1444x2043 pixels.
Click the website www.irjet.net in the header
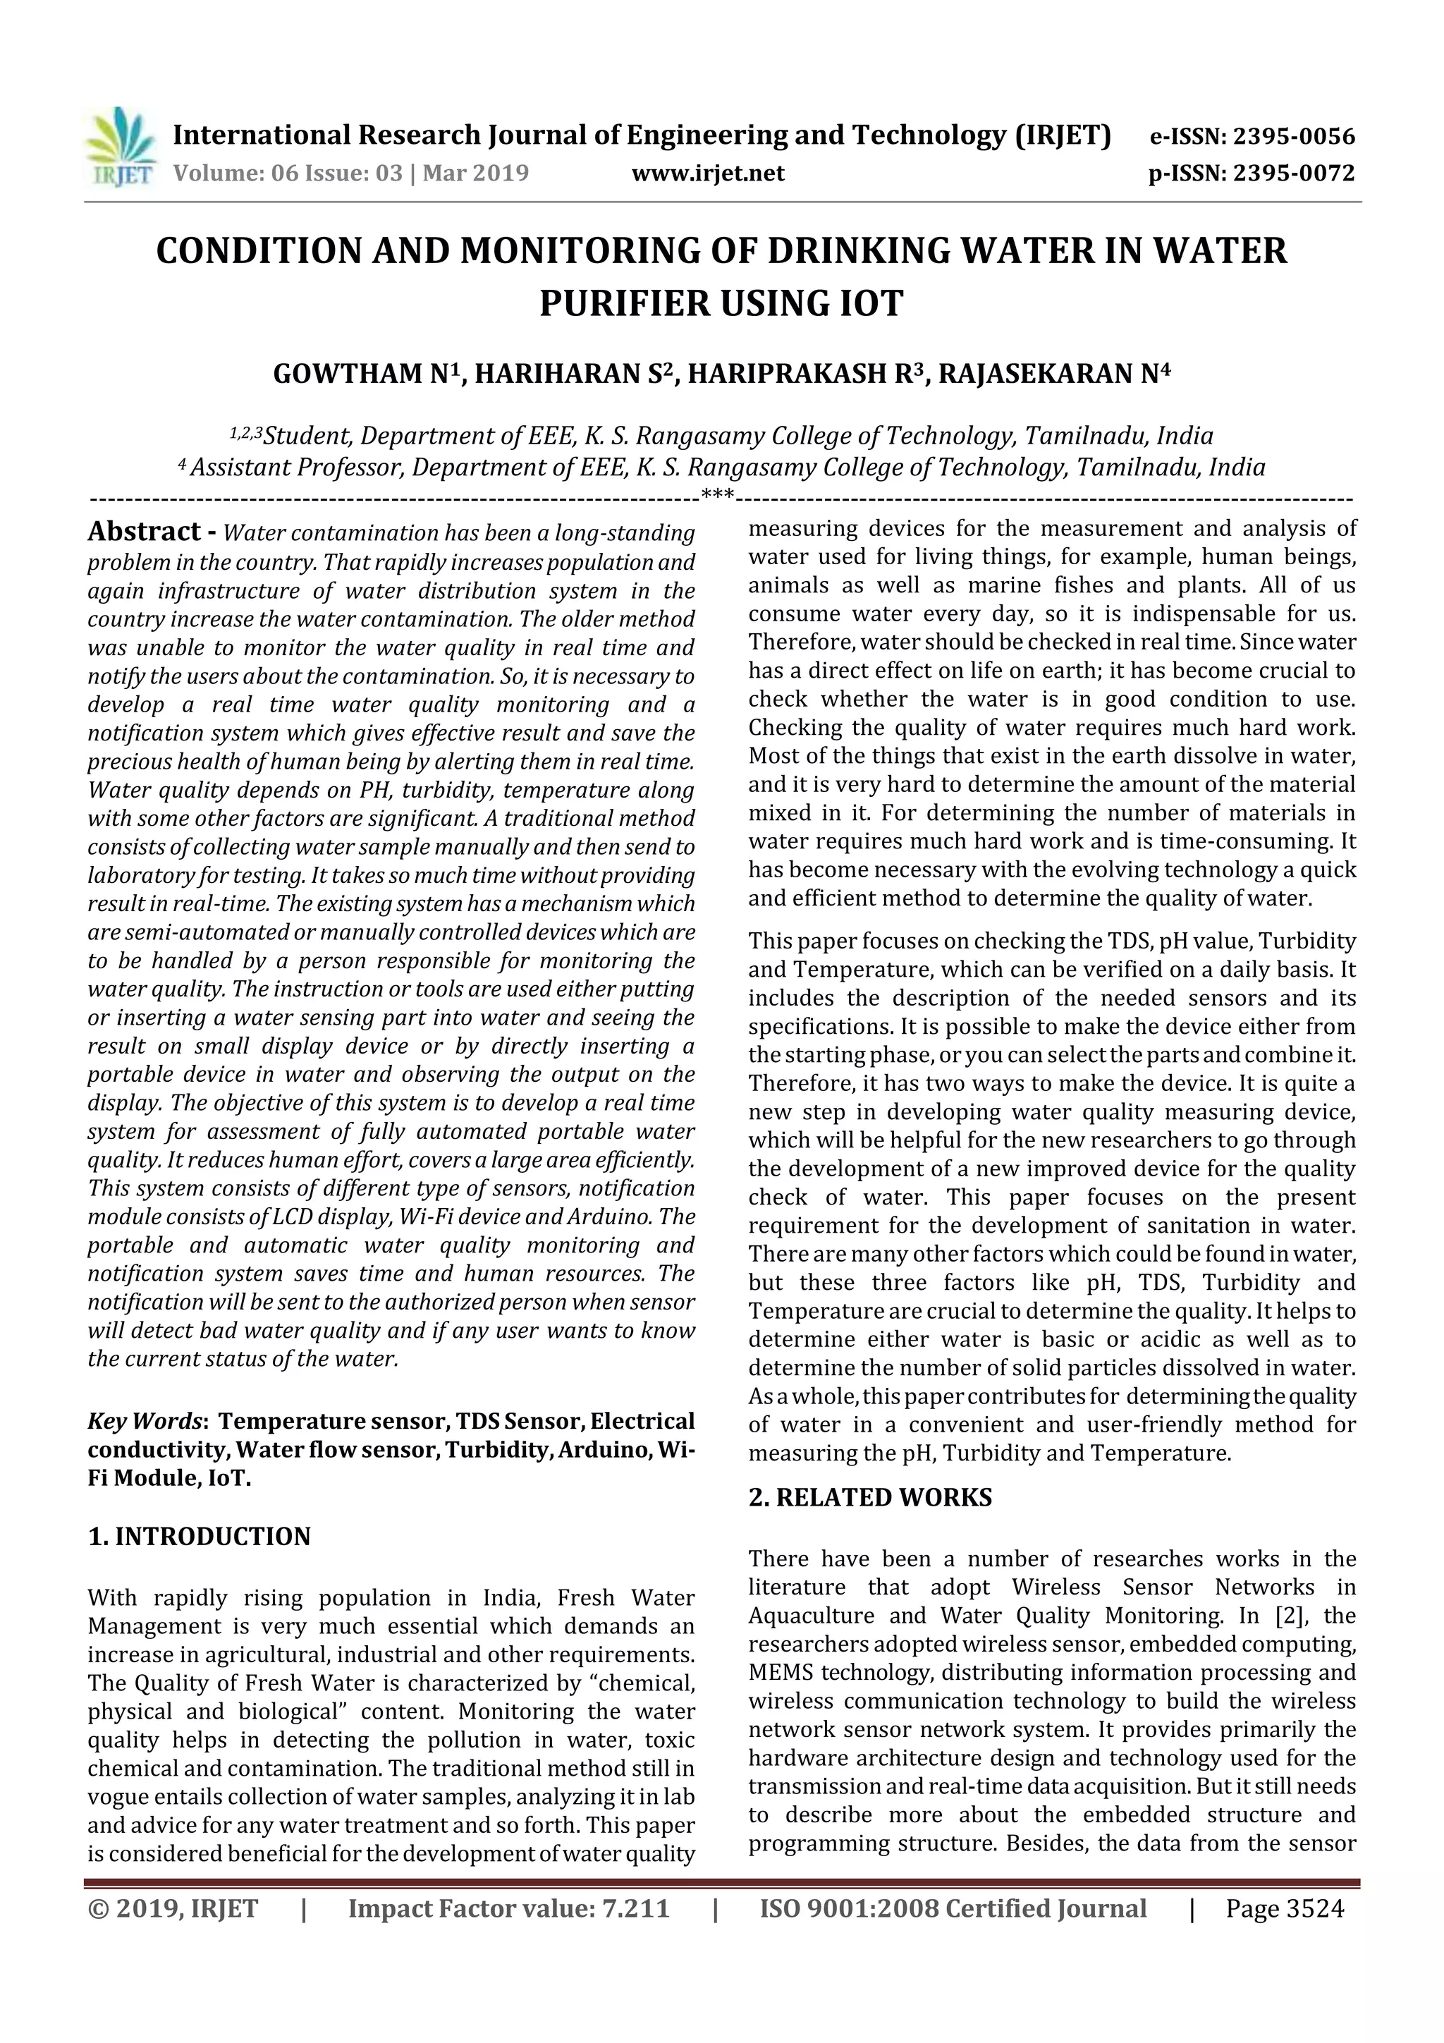pyautogui.click(x=708, y=173)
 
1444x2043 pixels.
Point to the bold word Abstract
pyautogui.click(x=144, y=532)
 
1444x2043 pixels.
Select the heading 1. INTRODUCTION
pyautogui.click(x=200, y=1537)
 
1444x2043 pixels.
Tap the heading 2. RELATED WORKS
pyautogui.click(x=870, y=1498)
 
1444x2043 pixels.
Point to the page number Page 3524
pyautogui.click(x=1285, y=1908)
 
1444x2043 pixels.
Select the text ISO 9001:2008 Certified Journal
pyautogui.click(x=953, y=1908)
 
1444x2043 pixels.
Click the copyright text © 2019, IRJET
pyautogui.click(x=173, y=1908)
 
